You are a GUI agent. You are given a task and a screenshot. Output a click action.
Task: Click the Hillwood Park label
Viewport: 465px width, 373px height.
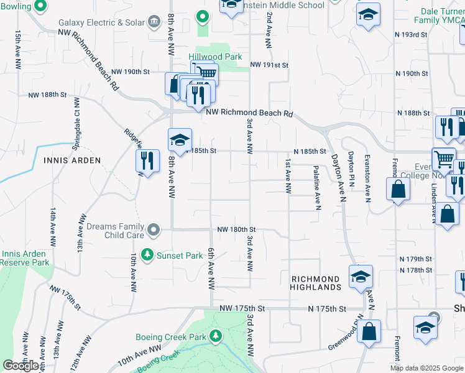pyautogui.click(x=215, y=57)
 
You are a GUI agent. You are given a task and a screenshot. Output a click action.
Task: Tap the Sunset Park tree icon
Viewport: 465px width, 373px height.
pyautogui.click(x=147, y=255)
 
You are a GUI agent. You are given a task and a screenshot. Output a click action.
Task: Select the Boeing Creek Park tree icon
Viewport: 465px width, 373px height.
pyautogui.click(x=216, y=336)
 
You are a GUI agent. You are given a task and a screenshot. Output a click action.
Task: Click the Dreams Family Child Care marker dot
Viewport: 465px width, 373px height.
pyautogui.click(x=153, y=231)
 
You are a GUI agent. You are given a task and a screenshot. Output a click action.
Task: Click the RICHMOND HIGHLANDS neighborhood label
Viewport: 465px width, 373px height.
pyautogui.click(x=315, y=283)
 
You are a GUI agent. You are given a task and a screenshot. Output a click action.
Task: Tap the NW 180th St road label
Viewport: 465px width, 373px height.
pyautogui.click(x=237, y=229)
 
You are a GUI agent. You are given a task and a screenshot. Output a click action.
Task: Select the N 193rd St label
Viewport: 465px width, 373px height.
pyautogui.click(x=415, y=35)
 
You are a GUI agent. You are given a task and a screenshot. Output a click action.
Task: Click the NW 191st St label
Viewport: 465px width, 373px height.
pyautogui.click(x=270, y=65)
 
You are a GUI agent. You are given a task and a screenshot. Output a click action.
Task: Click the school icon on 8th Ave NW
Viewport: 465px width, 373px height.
pyautogui.click(x=180, y=140)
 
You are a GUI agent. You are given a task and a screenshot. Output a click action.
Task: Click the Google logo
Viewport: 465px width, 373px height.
pyautogui.click(x=21, y=366)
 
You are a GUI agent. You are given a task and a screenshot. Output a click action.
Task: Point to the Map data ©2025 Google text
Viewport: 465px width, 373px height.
pyautogui.click(x=426, y=369)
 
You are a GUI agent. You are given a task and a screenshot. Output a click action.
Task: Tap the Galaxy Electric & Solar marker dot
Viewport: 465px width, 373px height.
pyautogui.click(x=153, y=22)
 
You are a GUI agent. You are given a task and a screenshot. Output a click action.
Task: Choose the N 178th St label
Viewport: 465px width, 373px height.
pyautogui.click(x=415, y=270)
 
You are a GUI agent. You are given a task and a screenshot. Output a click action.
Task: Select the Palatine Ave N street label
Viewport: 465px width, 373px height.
pyautogui.click(x=316, y=186)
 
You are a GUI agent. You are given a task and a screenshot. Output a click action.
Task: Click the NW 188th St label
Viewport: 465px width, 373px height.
pyautogui.click(x=47, y=95)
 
